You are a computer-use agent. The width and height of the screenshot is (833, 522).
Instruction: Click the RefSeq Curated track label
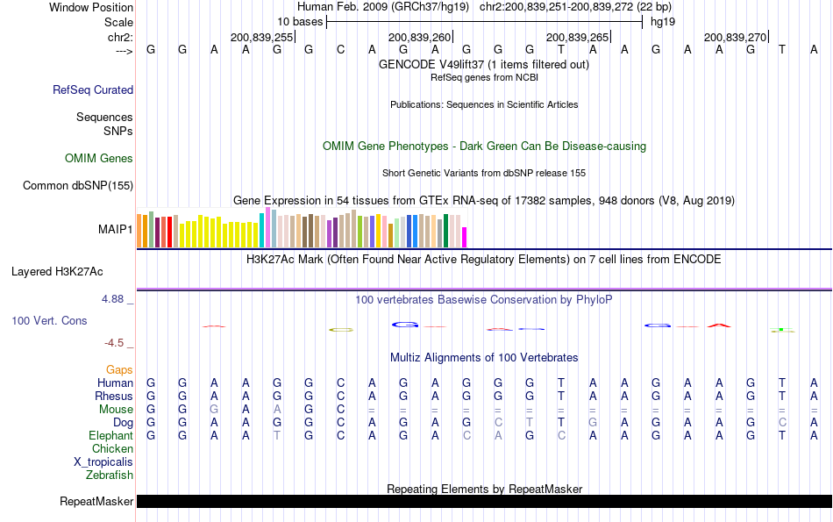(93, 89)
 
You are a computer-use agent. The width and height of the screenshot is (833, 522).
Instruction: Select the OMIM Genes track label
(99, 158)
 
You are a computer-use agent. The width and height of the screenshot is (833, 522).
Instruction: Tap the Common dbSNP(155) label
(78, 185)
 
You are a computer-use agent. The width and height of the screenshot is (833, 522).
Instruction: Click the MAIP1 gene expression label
(116, 229)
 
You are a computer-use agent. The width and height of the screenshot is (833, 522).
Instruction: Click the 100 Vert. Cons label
(49, 321)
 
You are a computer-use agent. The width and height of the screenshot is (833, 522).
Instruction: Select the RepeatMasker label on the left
(96, 502)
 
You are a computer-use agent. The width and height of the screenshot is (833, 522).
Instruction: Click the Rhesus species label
(113, 397)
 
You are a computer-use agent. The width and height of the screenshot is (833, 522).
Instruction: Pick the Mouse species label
(115, 410)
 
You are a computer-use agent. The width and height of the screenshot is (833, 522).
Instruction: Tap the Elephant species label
(110, 436)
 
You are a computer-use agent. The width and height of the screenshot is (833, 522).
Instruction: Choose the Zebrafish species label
(110, 476)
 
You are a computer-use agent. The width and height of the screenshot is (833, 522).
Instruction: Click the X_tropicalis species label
(103, 462)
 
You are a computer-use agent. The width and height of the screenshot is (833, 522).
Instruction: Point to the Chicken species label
(112, 449)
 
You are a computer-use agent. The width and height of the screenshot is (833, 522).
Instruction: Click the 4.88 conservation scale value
(114, 299)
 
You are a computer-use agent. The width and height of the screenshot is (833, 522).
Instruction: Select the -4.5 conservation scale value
(114, 343)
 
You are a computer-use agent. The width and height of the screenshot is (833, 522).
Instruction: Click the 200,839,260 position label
(419, 37)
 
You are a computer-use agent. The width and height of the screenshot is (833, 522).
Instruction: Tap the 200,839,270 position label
(735, 37)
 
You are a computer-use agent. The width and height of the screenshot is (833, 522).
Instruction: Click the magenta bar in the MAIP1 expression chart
(465, 237)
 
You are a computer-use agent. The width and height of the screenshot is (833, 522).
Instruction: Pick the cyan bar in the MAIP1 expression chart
(261, 230)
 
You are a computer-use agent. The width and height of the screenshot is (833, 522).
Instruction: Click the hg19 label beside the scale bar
(662, 21)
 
